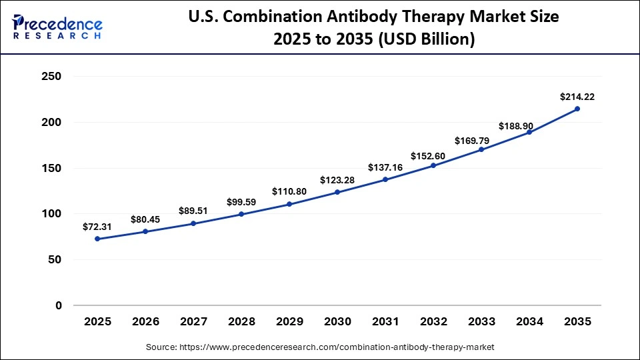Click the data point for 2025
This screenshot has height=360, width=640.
97,239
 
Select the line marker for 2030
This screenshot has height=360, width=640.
337,192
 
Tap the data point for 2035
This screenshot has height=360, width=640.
577,109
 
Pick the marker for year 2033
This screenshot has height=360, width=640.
481,149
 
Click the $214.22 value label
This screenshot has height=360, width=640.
577,97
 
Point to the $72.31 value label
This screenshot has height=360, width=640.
97,227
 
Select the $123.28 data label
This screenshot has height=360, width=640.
337,180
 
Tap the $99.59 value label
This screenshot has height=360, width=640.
241,202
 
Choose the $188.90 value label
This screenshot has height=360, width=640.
529,126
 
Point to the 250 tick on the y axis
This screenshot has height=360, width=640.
51,77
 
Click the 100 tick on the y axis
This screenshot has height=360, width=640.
51,214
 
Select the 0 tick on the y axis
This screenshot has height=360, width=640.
58,305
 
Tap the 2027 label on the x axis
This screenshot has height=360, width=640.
193,322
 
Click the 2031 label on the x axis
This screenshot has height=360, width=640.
385,322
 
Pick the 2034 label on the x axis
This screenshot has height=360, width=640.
529,322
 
